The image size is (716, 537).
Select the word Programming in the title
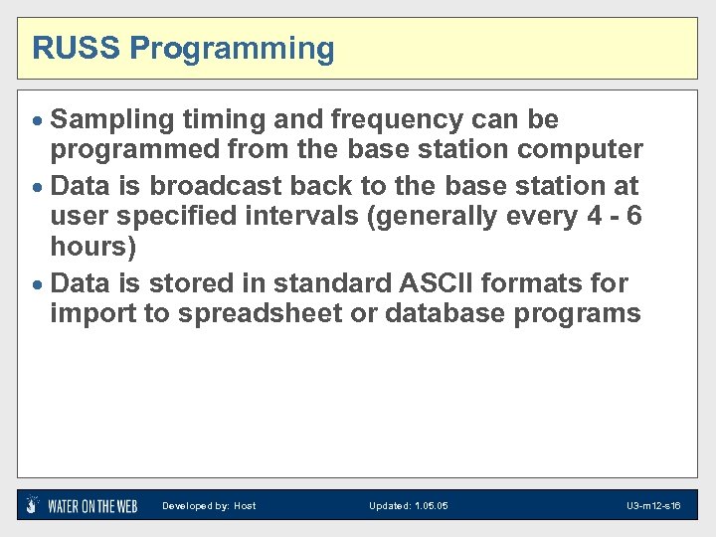tap(233, 49)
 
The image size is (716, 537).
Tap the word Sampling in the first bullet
tap(111, 120)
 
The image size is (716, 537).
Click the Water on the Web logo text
tap(92, 506)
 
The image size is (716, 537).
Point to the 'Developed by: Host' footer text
tap(209, 506)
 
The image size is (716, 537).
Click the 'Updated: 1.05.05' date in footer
tap(408, 506)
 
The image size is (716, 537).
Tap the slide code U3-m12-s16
tap(652, 506)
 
